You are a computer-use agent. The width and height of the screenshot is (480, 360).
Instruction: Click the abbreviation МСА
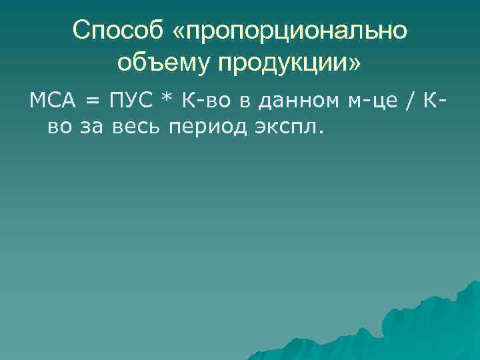point(51,101)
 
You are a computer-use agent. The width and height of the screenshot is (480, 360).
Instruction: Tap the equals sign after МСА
point(91,101)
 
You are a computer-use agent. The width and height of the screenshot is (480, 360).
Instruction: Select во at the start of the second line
point(59,126)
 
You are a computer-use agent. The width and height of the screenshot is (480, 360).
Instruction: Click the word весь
point(137,126)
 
